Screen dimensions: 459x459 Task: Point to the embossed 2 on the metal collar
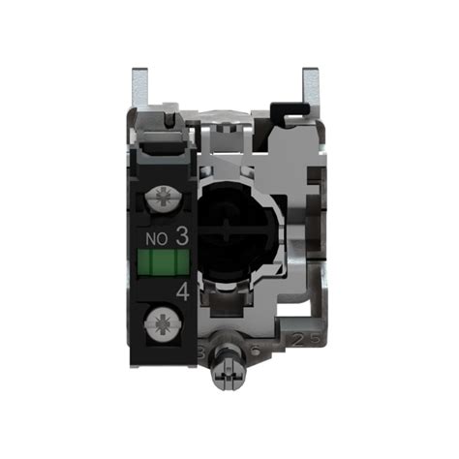(300, 339)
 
